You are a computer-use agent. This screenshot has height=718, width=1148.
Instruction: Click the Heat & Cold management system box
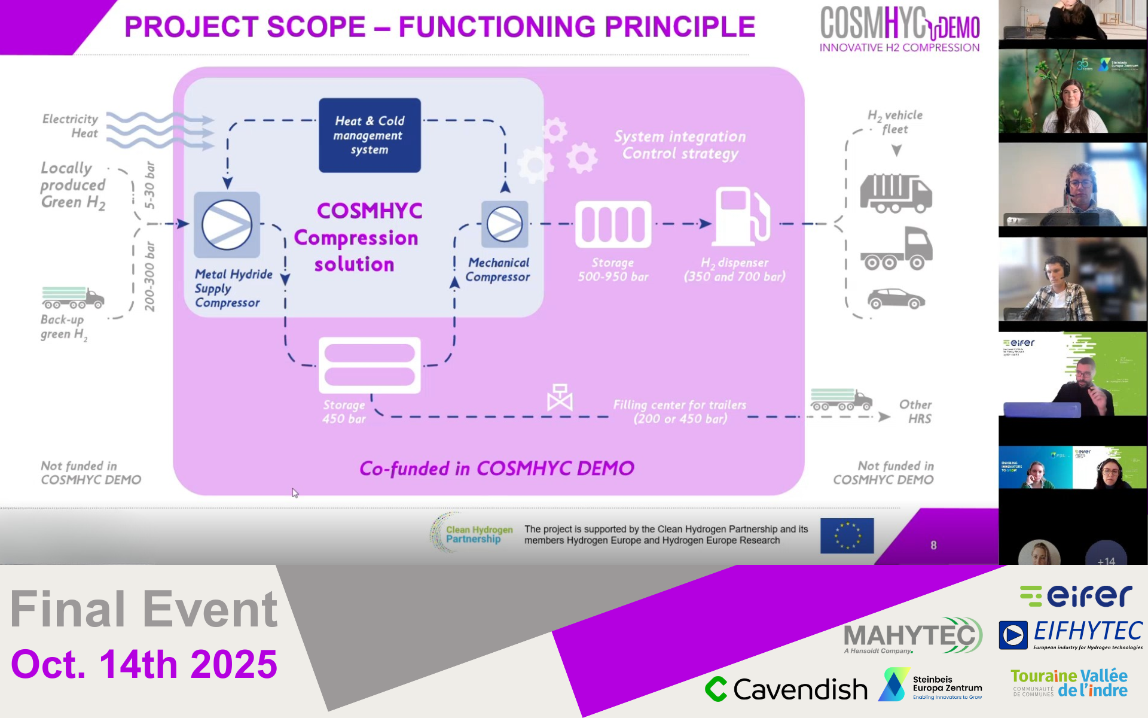(370, 135)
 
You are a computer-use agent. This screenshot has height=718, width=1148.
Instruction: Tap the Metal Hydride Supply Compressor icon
(227, 225)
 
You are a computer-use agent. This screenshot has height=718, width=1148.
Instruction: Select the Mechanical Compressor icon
(505, 224)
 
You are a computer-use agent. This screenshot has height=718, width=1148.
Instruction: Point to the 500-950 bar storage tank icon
(613, 224)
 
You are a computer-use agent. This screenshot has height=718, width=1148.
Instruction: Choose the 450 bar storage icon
(370, 365)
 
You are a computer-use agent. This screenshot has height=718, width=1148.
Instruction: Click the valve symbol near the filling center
(560, 398)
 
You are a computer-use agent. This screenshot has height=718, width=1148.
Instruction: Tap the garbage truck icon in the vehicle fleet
(895, 193)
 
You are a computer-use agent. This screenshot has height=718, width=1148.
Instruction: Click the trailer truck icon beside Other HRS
(841, 400)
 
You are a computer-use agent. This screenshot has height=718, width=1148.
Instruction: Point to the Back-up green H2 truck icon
(73, 297)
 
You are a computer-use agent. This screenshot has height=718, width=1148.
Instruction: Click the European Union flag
(847, 535)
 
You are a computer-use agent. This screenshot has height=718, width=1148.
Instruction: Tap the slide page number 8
(933, 545)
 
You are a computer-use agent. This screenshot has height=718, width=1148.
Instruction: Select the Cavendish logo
(786, 689)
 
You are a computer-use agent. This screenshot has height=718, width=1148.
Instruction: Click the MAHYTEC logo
(912, 635)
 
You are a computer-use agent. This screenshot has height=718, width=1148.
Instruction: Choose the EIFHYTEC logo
(1071, 634)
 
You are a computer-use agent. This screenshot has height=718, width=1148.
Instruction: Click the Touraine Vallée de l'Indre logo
(1069, 683)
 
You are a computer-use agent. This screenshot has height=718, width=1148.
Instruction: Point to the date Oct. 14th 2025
(144, 664)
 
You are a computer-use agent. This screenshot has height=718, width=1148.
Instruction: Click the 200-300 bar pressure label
(149, 276)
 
